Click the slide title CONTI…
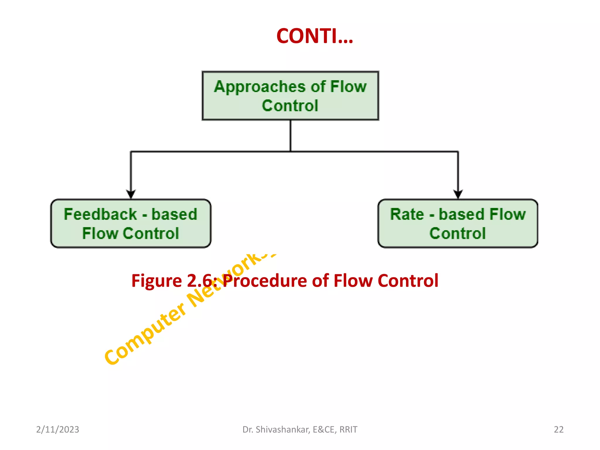(x=315, y=36)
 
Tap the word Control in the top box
(x=290, y=106)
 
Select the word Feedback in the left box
(x=100, y=214)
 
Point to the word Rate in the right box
(x=407, y=214)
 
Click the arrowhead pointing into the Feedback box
(x=131, y=194)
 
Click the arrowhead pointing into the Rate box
(x=458, y=194)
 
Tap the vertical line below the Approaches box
(x=290, y=135)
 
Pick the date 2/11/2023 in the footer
(x=57, y=429)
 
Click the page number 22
(x=558, y=429)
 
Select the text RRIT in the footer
(x=348, y=429)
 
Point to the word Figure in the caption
(x=156, y=281)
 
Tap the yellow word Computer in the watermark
(x=145, y=334)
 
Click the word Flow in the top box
(x=348, y=87)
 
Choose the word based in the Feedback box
(x=174, y=214)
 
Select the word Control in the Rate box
(x=457, y=233)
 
